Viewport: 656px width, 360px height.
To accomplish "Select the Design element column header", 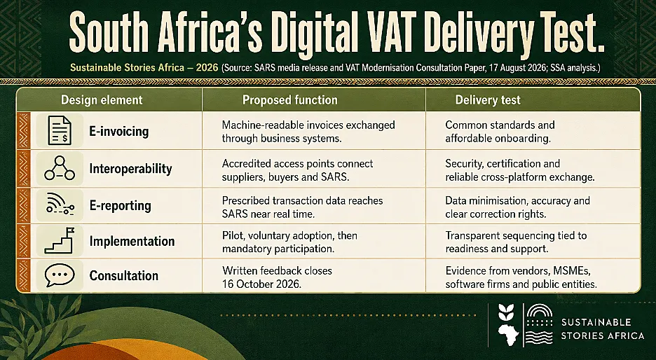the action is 102,100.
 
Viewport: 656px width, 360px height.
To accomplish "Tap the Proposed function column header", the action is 290,100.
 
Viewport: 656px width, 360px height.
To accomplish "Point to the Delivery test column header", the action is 488,100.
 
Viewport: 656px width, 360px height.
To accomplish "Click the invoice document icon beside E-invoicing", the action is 60,130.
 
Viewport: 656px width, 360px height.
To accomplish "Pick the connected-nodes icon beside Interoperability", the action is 60,168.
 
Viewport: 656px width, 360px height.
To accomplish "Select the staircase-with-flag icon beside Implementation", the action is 60,241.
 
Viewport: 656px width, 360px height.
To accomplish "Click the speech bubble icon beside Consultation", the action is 60,275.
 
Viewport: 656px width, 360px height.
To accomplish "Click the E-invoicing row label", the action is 119,131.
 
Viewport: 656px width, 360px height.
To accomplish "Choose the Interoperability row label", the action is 130,169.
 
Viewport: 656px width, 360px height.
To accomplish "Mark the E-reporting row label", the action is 120,205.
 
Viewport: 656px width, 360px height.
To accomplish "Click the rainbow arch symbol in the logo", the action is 540,312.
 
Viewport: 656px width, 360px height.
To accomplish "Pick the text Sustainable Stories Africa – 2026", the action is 144,67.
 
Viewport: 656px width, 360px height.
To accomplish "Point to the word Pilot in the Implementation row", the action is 233,235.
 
